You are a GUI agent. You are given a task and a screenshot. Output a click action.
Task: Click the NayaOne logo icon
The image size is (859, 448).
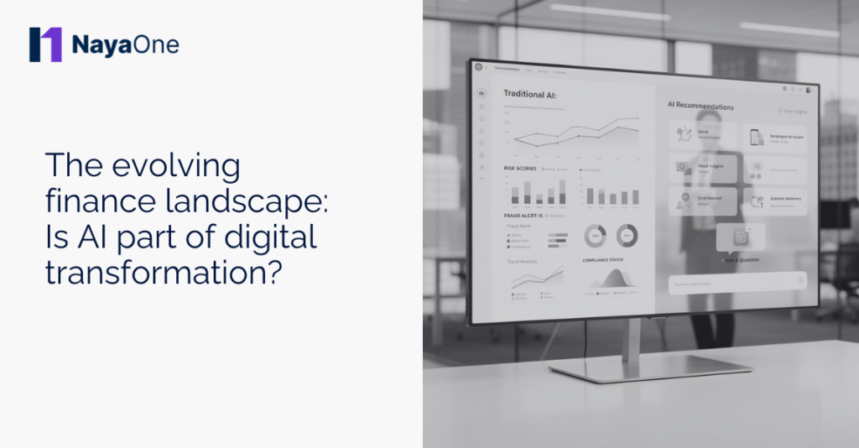point(45,44)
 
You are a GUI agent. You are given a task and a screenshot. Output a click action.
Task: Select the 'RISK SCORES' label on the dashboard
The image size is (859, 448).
point(520,169)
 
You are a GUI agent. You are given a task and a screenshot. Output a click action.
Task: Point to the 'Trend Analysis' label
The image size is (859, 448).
point(523,261)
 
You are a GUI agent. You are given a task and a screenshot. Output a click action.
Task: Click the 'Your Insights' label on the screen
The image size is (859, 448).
point(793,110)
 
